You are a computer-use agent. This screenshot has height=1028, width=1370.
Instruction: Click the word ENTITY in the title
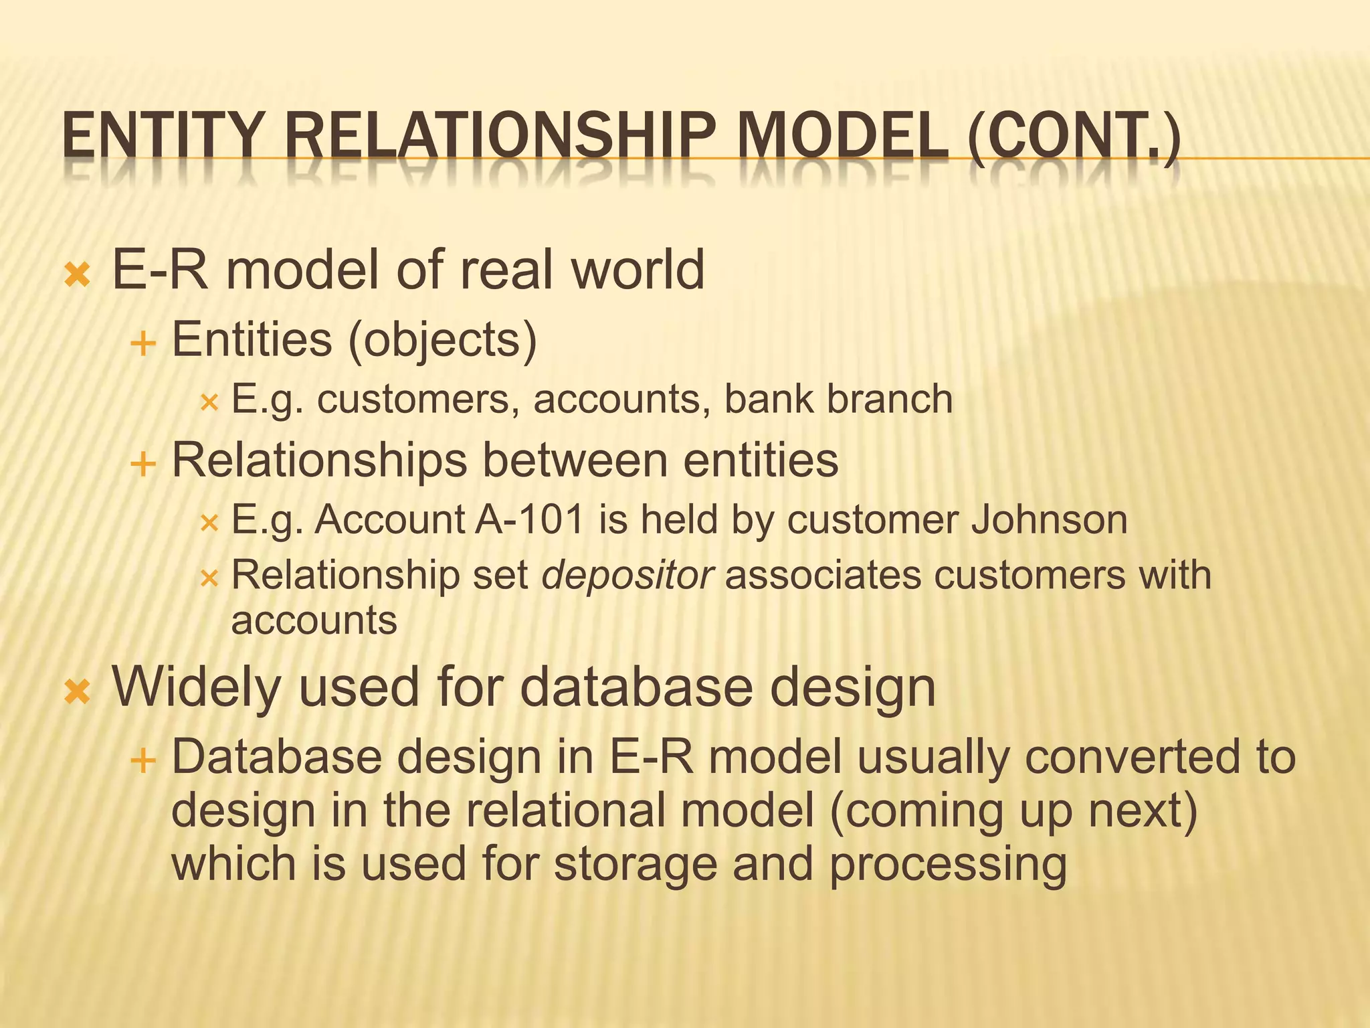click(160, 137)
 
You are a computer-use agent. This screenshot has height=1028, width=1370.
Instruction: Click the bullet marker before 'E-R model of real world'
click(77, 274)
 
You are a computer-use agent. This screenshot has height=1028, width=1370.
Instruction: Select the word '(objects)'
click(442, 340)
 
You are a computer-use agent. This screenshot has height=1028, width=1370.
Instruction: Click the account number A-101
click(530, 519)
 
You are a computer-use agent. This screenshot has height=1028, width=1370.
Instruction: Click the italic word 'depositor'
click(628, 576)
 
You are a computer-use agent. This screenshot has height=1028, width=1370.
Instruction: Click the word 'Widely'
click(196, 687)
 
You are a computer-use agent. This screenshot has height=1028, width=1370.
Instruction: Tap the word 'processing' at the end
click(948, 865)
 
